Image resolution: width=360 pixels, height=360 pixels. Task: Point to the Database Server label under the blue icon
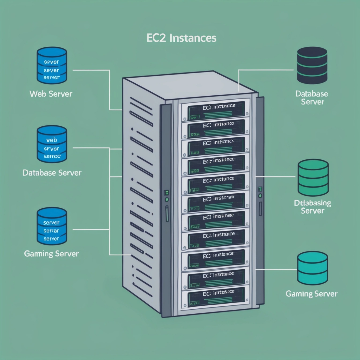pyautogui.click(x=52, y=173)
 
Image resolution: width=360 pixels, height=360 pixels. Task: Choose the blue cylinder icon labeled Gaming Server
pyautogui.click(x=51, y=226)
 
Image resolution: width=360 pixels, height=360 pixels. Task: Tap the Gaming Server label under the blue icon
pyautogui.click(x=51, y=254)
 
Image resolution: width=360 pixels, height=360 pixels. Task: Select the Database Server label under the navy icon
pyautogui.click(x=312, y=98)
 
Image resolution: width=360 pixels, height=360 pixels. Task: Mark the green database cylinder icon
pyautogui.click(x=313, y=178)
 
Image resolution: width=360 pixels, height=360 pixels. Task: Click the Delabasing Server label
pyautogui.click(x=312, y=206)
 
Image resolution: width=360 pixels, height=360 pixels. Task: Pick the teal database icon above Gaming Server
pyautogui.click(x=313, y=267)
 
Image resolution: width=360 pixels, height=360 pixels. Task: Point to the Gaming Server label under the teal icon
pyautogui.click(x=312, y=293)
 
